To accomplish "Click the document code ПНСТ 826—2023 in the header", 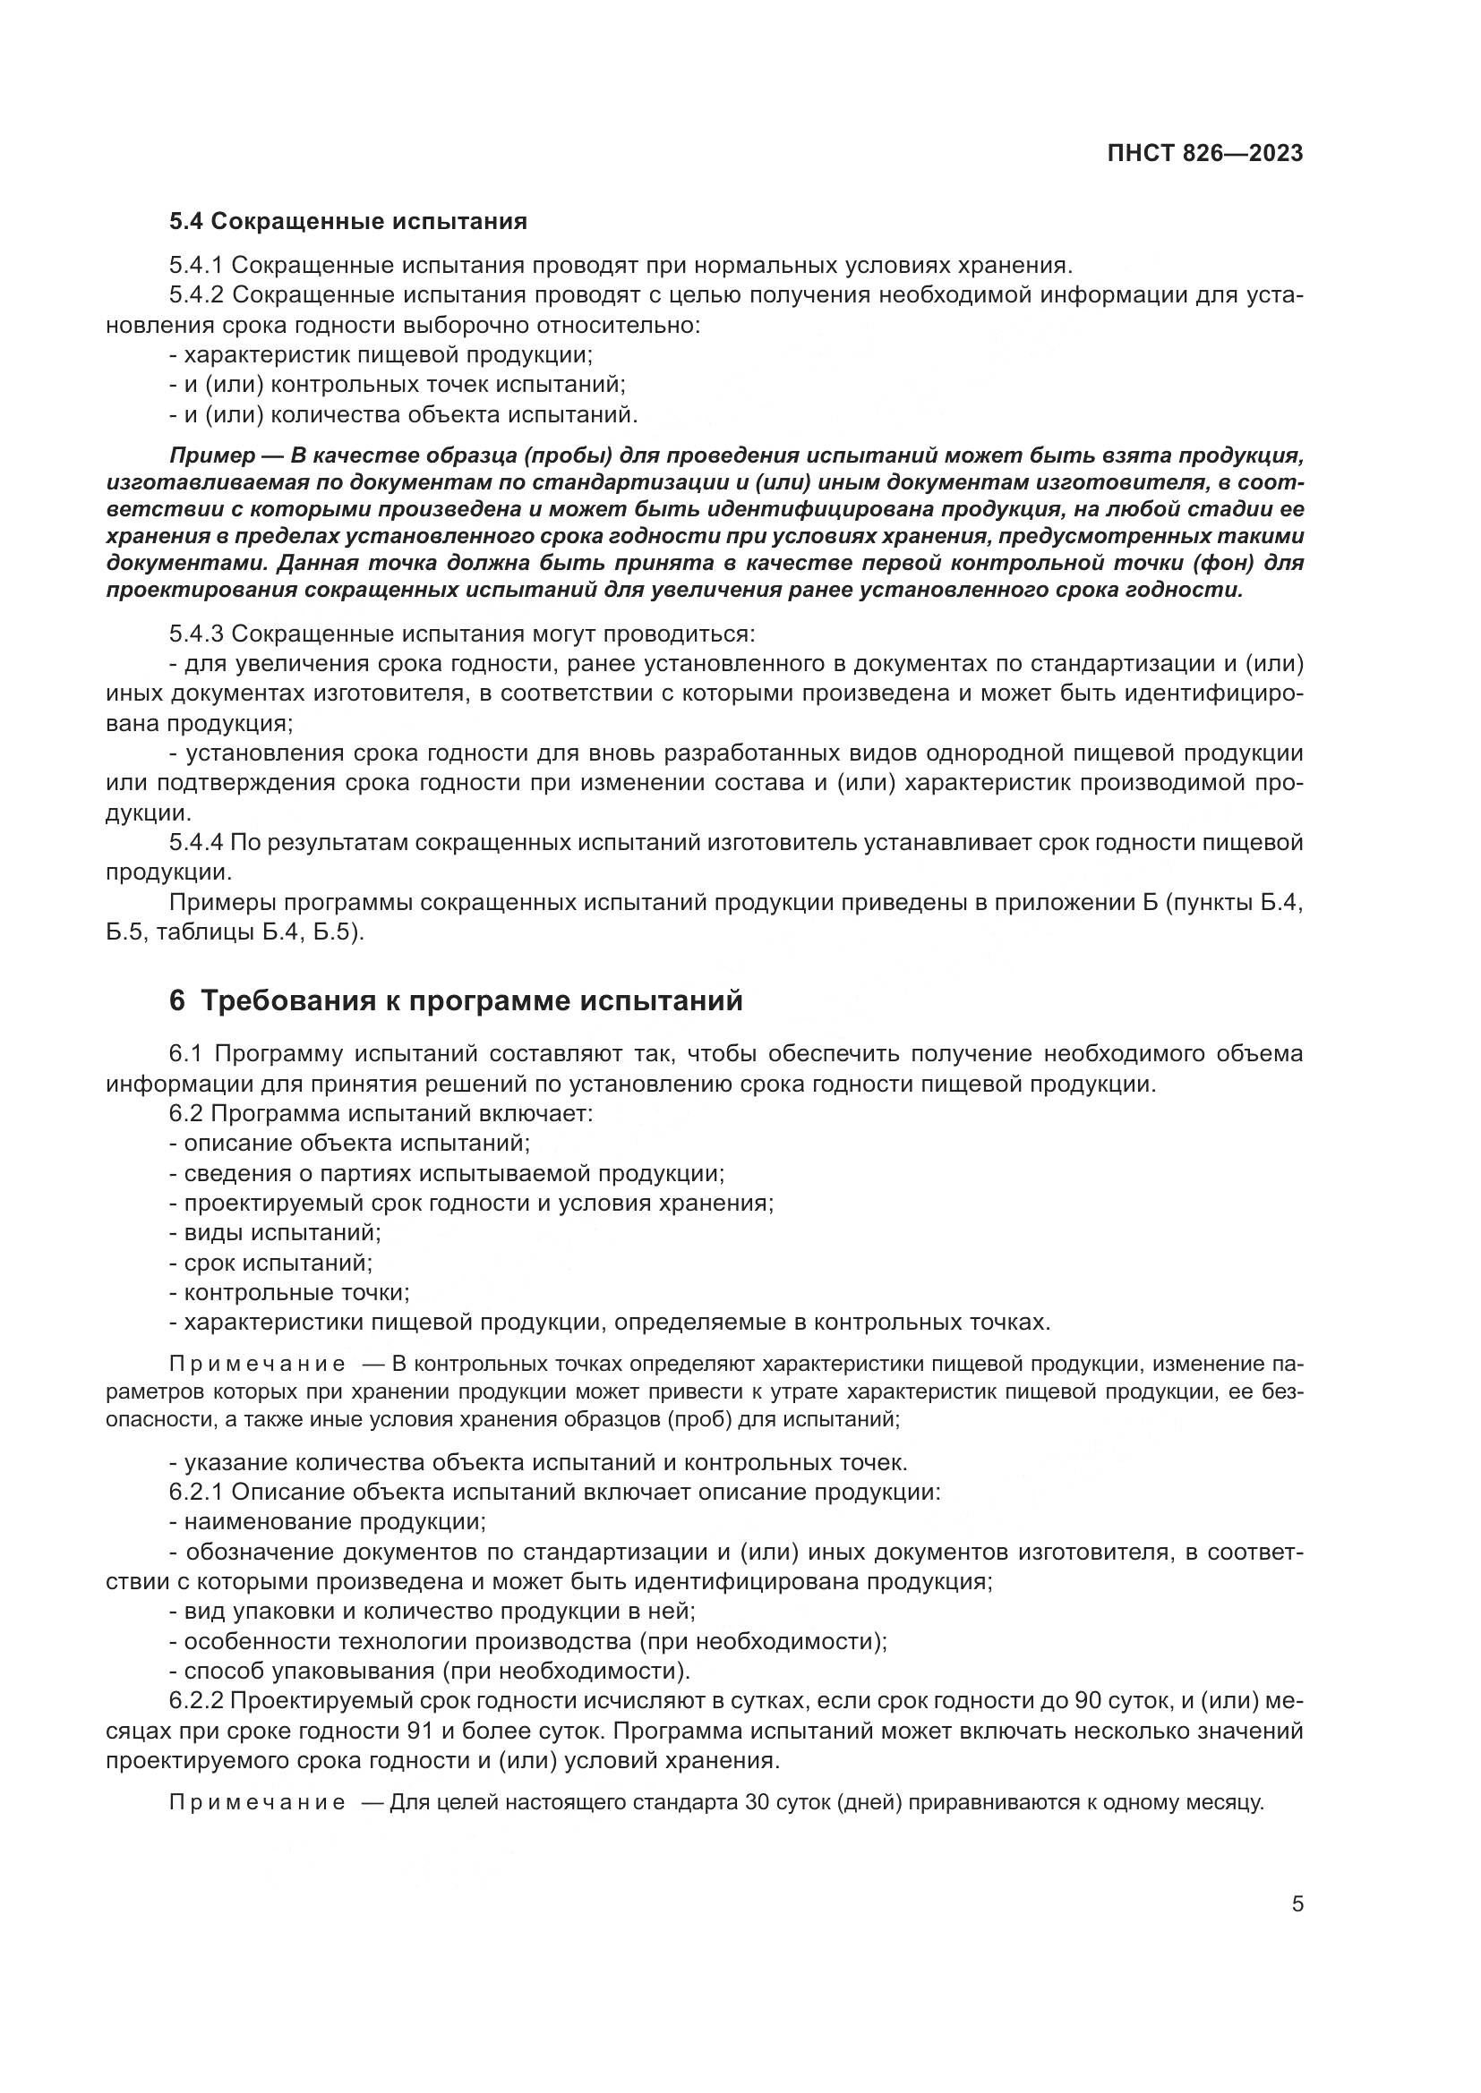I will pyautogui.click(x=1204, y=153).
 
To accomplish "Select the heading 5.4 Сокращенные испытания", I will pyautogui.click(x=348, y=222).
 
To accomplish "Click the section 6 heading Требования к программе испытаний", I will pyautogui.click(x=456, y=1000).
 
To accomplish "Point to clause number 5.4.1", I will pyautogui.click(x=196, y=265).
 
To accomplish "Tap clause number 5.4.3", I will pyautogui.click(x=196, y=634).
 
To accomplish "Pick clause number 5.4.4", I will pyautogui.click(x=196, y=842).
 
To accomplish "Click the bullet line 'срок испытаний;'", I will pyautogui.click(x=272, y=1263).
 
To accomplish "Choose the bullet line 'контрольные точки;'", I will pyautogui.click(x=290, y=1293).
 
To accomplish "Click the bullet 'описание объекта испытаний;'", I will pyautogui.click(x=350, y=1142).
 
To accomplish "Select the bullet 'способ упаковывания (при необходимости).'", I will pyautogui.click(x=431, y=1671).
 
